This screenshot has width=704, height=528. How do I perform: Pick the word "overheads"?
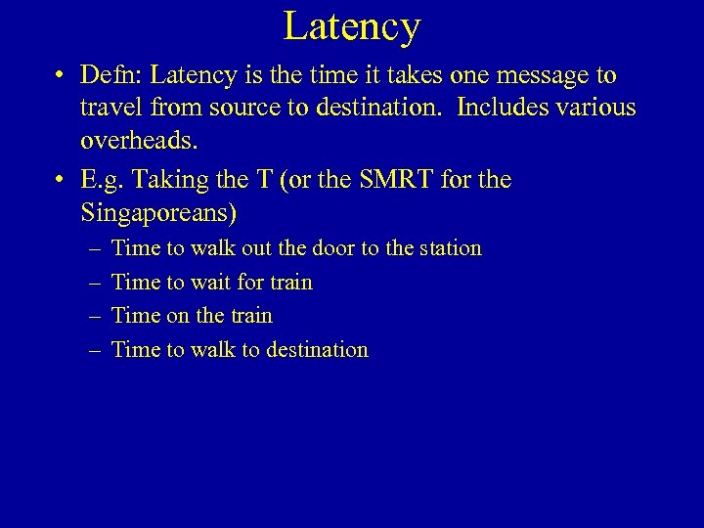pyautogui.click(x=137, y=141)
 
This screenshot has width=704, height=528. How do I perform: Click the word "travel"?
pyautogui.click(x=115, y=109)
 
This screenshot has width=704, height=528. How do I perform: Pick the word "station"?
pyautogui.click(x=446, y=248)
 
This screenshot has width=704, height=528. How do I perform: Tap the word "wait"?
pyautogui.click(x=211, y=283)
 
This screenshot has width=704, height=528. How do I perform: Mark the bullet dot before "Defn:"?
pyautogui.click(x=61, y=76)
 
